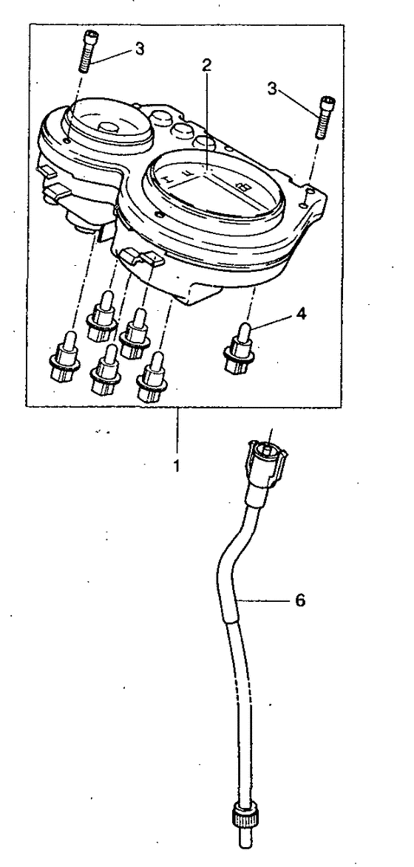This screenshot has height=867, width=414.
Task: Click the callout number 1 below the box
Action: (176, 465)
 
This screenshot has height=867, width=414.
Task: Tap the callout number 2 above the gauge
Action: (206, 66)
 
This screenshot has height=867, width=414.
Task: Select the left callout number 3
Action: (139, 49)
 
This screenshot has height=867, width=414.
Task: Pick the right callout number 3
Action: (272, 89)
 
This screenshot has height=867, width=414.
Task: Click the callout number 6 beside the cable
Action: (299, 600)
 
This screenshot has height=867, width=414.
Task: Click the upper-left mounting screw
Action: (89, 52)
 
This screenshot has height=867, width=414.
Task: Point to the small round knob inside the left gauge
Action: (109, 126)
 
